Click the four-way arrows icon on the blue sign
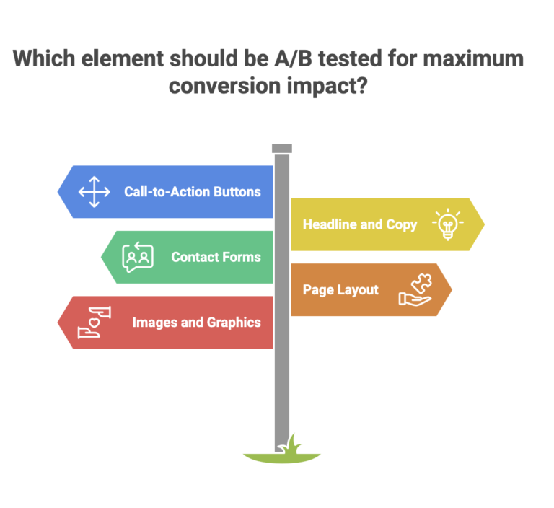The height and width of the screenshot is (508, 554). [x=94, y=192]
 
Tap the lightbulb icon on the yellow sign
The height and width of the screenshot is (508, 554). [x=447, y=224]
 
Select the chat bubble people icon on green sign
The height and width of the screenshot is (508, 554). [x=137, y=257]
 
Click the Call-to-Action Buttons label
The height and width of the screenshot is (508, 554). [x=192, y=192]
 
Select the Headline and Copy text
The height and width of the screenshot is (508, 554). [x=360, y=224]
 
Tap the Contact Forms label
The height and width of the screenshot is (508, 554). [x=216, y=257]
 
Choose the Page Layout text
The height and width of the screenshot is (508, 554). [x=340, y=289]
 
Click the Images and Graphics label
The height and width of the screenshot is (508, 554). [x=196, y=323]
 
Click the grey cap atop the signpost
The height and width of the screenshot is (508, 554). [x=282, y=148]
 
